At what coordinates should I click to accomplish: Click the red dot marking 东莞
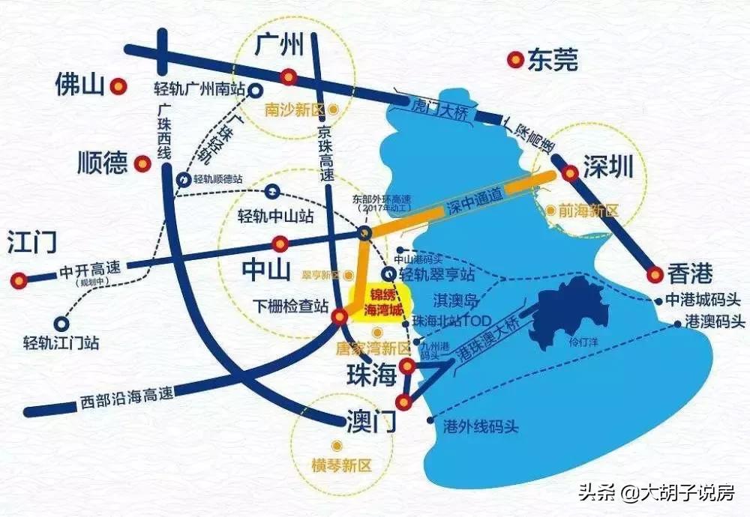(x=515, y=59)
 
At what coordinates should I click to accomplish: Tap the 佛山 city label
(x=79, y=85)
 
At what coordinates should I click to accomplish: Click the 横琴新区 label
(x=341, y=465)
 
